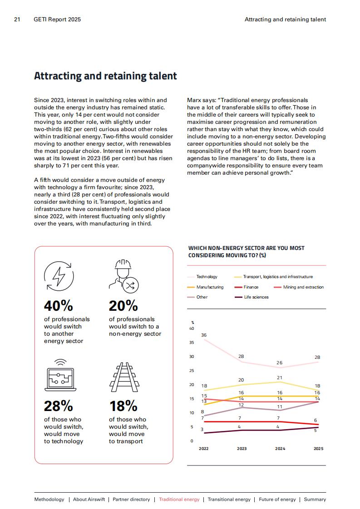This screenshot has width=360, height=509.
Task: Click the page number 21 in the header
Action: tap(17, 20)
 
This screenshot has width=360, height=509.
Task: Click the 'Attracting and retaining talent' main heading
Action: tap(105, 76)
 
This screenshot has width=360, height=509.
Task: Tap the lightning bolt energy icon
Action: tap(59, 276)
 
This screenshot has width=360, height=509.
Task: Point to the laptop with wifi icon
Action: tap(60, 375)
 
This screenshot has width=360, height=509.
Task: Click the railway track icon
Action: tap(124, 377)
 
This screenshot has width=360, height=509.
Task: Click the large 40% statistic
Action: tap(59, 306)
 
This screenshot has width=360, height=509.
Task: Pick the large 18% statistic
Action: tap(123, 406)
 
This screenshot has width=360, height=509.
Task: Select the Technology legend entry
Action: tap(202, 277)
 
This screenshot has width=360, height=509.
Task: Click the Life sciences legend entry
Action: tap(252, 297)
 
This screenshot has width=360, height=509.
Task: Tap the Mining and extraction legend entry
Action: tap(299, 287)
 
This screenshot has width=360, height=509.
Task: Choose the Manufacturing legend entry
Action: tap(206, 287)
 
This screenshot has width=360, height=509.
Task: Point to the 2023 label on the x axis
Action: tap(242, 449)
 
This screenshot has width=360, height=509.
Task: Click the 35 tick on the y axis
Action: tap(192, 343)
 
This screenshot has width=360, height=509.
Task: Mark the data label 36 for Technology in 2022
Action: tap(204, 335)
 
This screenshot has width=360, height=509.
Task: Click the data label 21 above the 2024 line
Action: tap(280, 377)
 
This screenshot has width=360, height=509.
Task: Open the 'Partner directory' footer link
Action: tap(131, 499)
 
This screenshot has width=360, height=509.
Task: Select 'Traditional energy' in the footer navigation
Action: tap(179, 499)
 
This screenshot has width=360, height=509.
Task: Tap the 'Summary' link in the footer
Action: tap(315, 499)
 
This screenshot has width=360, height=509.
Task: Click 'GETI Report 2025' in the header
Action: tap(57, 20)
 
